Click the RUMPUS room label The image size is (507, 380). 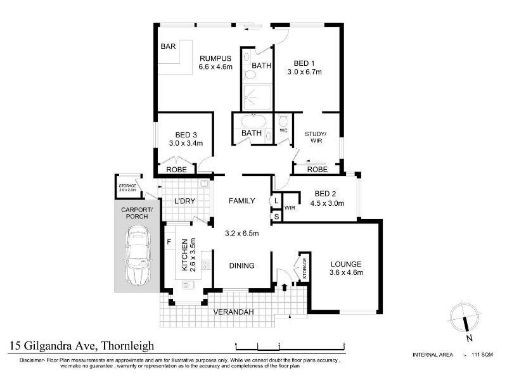point(215,58)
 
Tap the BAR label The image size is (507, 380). point(168,46)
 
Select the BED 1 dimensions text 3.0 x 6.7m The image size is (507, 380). point(305,72)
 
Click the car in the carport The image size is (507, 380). point(138,256)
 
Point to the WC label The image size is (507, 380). point(283,130)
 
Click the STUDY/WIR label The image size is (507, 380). point(316,137)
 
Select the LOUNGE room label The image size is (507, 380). point(346,264)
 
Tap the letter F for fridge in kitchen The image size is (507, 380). point(169,242)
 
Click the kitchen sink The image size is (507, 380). point(188,284)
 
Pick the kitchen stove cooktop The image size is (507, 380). point(206,265)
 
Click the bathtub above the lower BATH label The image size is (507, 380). point(253,122)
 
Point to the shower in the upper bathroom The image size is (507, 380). point(257,97)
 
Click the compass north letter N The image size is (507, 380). point(470,338)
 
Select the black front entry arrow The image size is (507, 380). point(285,287)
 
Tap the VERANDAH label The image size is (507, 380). point(233,312)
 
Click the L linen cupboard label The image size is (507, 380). point(276,201)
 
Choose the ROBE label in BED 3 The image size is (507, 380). point(177,170)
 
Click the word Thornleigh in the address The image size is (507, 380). point(128,346)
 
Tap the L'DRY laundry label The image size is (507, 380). point(184,201)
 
